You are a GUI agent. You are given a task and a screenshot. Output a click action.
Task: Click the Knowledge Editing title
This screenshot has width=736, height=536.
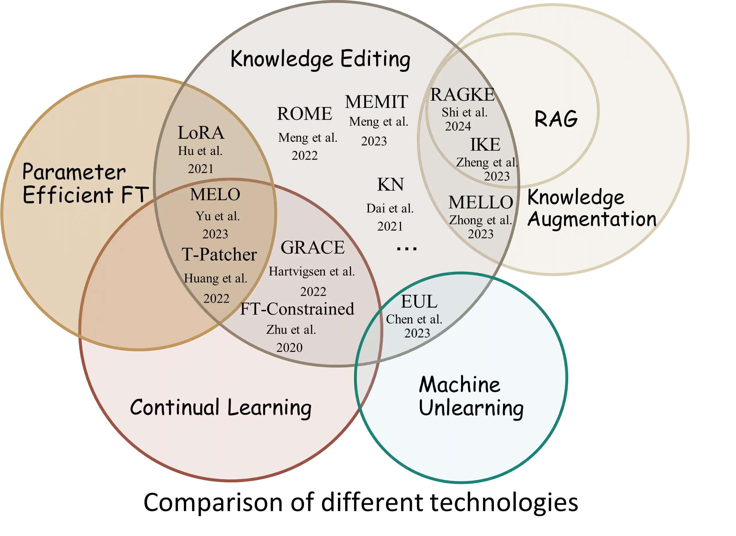tap(320, 59)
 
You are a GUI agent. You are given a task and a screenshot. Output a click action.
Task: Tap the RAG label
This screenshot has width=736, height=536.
tap(556, 119)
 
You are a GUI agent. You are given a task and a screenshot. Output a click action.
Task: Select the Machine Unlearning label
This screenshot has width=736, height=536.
tap(471, 396)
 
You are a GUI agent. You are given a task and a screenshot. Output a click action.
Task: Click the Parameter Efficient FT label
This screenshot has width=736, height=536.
tap(85, 183)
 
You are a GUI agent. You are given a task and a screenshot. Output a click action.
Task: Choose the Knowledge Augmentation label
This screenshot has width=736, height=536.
tap(592, 208)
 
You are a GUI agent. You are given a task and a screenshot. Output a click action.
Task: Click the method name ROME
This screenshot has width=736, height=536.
tap(304, 114)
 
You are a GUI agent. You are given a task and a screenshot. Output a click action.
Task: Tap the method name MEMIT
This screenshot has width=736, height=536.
tap(376, 102)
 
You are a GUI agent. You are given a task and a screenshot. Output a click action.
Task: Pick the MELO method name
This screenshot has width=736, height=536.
tap(215, 195)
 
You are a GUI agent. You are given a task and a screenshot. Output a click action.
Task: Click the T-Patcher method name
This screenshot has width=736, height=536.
tap(219, 255)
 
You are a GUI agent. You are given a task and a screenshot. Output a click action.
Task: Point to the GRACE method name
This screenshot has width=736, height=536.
tap(313, 248)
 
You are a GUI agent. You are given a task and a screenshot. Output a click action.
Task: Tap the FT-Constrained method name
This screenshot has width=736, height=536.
tap(297, 309)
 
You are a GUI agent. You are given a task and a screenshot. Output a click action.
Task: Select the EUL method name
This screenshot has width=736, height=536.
tap(419, 302)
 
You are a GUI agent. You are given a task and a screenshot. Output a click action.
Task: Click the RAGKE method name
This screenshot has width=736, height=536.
tap(462, 95)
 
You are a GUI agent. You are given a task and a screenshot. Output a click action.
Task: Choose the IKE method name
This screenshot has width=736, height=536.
tap(485, 145)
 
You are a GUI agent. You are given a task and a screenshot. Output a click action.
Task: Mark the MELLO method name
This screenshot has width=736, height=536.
tap(480, 203)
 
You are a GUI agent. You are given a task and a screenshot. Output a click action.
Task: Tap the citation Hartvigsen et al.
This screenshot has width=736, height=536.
tap(311, 271)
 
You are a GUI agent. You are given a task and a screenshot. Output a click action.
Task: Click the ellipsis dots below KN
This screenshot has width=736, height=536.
tap(407, 249)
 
